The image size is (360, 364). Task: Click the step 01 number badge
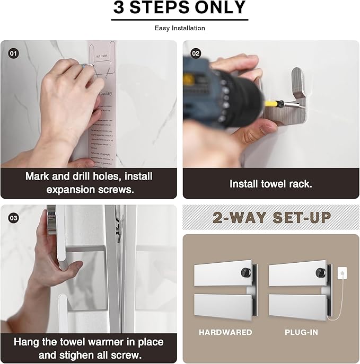click(x=13, y=53)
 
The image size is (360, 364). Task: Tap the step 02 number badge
click(x=196, y=53)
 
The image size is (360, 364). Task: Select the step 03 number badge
click(x=13, y=217)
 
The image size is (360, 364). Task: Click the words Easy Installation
click(x=180, y=28)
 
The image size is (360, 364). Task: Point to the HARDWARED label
click(x=225, y=332)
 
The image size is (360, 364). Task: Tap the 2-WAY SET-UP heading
click(x=271, y=217)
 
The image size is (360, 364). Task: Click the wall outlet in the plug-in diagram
click(x=342, y=274)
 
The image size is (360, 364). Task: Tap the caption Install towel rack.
click(x=270, y=184)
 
